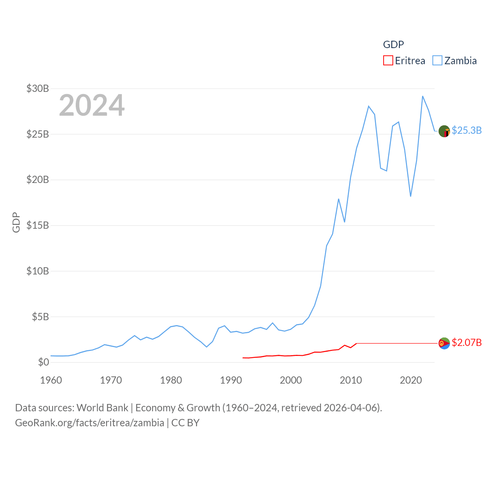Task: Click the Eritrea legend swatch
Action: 388,61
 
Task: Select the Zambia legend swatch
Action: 437,61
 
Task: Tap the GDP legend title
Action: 393,45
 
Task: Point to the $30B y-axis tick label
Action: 38,89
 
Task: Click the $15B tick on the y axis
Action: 38,225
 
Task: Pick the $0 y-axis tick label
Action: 43,362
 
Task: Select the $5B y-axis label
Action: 40,317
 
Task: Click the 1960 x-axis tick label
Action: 51,380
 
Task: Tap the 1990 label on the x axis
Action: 231,380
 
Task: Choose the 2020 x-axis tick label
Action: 411,380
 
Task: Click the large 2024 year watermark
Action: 91,105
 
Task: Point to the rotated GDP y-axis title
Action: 16,222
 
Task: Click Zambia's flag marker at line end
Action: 444,131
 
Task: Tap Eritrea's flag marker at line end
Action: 444,343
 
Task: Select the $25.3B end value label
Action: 467,131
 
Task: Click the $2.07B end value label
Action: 467,342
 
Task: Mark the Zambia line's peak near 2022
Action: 423,96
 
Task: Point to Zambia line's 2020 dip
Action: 411,196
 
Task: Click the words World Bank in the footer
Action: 102,408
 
